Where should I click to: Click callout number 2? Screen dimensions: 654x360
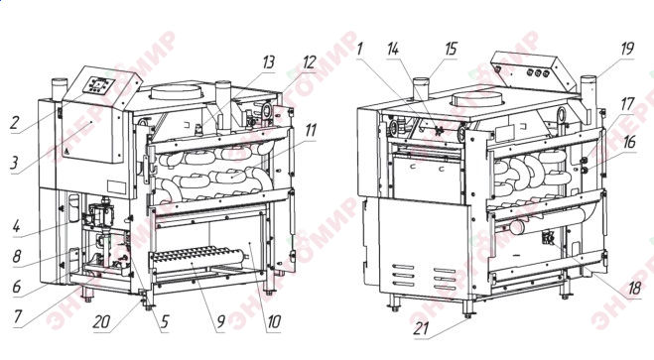(15, 123)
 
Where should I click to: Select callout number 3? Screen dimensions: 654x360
(15, 163)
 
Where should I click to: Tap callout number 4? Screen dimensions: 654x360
(16, 227)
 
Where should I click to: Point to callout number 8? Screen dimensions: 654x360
(17, 256)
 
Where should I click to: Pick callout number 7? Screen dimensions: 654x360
(17, 316)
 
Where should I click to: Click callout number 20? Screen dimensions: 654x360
(101, 321)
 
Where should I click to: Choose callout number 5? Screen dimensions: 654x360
(165, 321)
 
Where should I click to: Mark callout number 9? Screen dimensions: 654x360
(220, 321)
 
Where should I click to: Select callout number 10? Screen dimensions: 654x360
(274, 321)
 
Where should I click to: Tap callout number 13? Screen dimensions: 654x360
(268, 61)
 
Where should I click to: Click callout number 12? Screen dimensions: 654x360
(309, 61)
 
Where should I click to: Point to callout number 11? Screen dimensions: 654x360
(311, 130)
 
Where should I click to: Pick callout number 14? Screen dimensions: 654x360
(393, 49)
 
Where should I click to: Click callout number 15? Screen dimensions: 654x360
(451, 49)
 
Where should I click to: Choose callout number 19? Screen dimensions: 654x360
(627, 49)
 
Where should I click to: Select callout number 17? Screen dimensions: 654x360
(627, 104)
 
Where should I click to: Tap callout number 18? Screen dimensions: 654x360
(634, 288)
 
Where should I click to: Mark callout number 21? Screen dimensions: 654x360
(421, 328)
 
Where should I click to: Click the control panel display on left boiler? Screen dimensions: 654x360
(99, 86)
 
